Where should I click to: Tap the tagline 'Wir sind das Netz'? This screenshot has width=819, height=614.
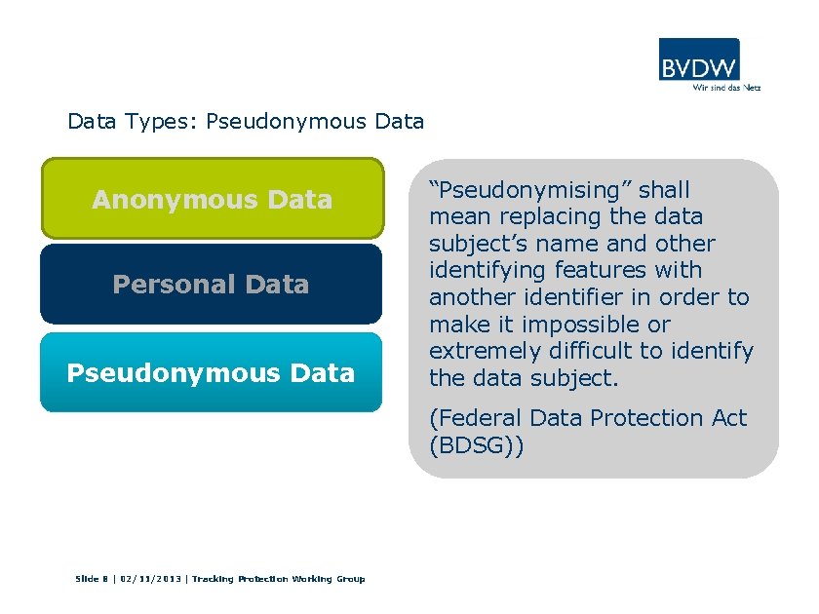pyautogui.click(x=725, y=87)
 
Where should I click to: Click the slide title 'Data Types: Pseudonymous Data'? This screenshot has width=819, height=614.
pyautogui.click(x=246, y=122)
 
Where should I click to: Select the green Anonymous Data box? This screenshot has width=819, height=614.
pyautogui.click(x=212, y=199)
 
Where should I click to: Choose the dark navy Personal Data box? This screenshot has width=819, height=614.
pyautogui.click(x=211, y=284)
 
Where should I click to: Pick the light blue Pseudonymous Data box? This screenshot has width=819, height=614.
pyautogui.click(x=211, y=372)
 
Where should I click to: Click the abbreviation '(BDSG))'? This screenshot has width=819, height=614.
pyautogui.click(x=477, y=445)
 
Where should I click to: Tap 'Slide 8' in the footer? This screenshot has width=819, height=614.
pyautogui.click(x=93, y=579)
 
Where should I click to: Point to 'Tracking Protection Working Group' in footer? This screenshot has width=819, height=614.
pyautogui.click(x=278, y=579)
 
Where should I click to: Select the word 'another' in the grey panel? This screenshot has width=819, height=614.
pyautogui.click(x=472, y=297)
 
